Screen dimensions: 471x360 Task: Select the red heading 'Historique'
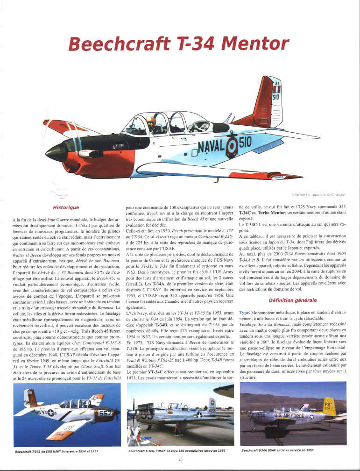click(x=66, y=207)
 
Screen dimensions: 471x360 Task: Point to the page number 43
click(x=180, y=460)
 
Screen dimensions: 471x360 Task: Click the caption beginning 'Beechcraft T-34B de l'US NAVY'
click(x=57, y=451)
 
